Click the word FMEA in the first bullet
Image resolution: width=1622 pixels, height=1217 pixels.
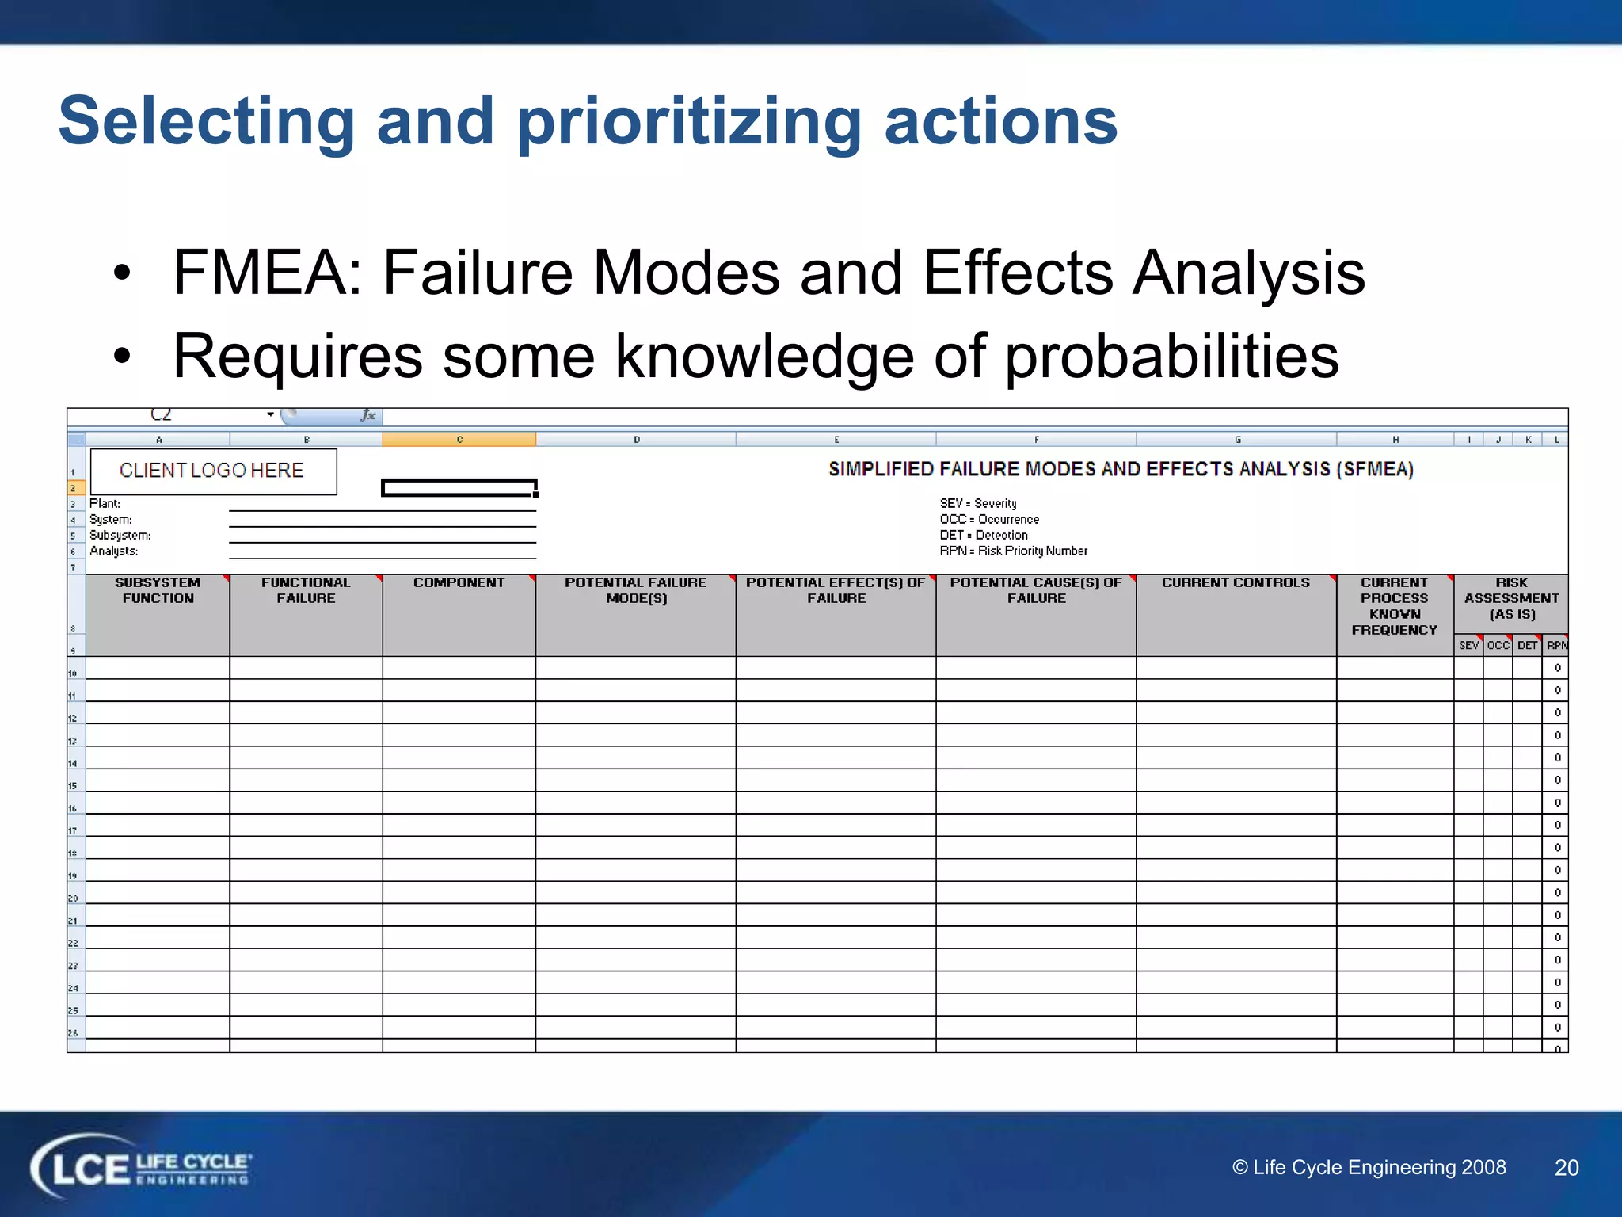click(x=260, y=273)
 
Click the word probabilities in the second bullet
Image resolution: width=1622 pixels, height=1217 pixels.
click(x=1171, y=357)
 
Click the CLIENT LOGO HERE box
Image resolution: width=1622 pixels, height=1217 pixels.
click(x=212, y=471)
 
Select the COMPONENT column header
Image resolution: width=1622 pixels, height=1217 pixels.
click(x=459, y=583)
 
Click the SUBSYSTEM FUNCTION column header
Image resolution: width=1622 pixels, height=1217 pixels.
click(x=158, y=590)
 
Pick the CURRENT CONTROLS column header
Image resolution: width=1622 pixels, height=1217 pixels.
click(x=1236, y=583)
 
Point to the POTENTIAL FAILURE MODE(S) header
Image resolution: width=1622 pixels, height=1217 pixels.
click(x=636, y=590)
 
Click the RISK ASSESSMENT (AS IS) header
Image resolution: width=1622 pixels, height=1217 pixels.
click(x=1511, y=598)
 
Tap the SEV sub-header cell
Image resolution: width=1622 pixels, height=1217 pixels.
click(x=1468, y=646)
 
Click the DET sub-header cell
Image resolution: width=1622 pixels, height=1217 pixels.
click(x=1527, y=646)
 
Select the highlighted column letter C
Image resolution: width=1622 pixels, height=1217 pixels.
click(x=459, y=440)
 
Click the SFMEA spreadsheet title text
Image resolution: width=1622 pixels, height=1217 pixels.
click(x=1121, y=469)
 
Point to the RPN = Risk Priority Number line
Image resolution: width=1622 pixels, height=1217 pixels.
click(x=1014, y=551)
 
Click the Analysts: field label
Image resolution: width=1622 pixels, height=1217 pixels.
click(x=114, y=551)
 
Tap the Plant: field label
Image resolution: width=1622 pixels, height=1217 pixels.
click(x=105, y=504)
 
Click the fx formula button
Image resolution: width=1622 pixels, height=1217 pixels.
click(x=368, y=415)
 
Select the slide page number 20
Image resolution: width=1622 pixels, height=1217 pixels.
click(x=1567, y=1168)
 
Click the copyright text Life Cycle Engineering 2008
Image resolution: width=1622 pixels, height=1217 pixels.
click(x=1369, y=1168)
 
